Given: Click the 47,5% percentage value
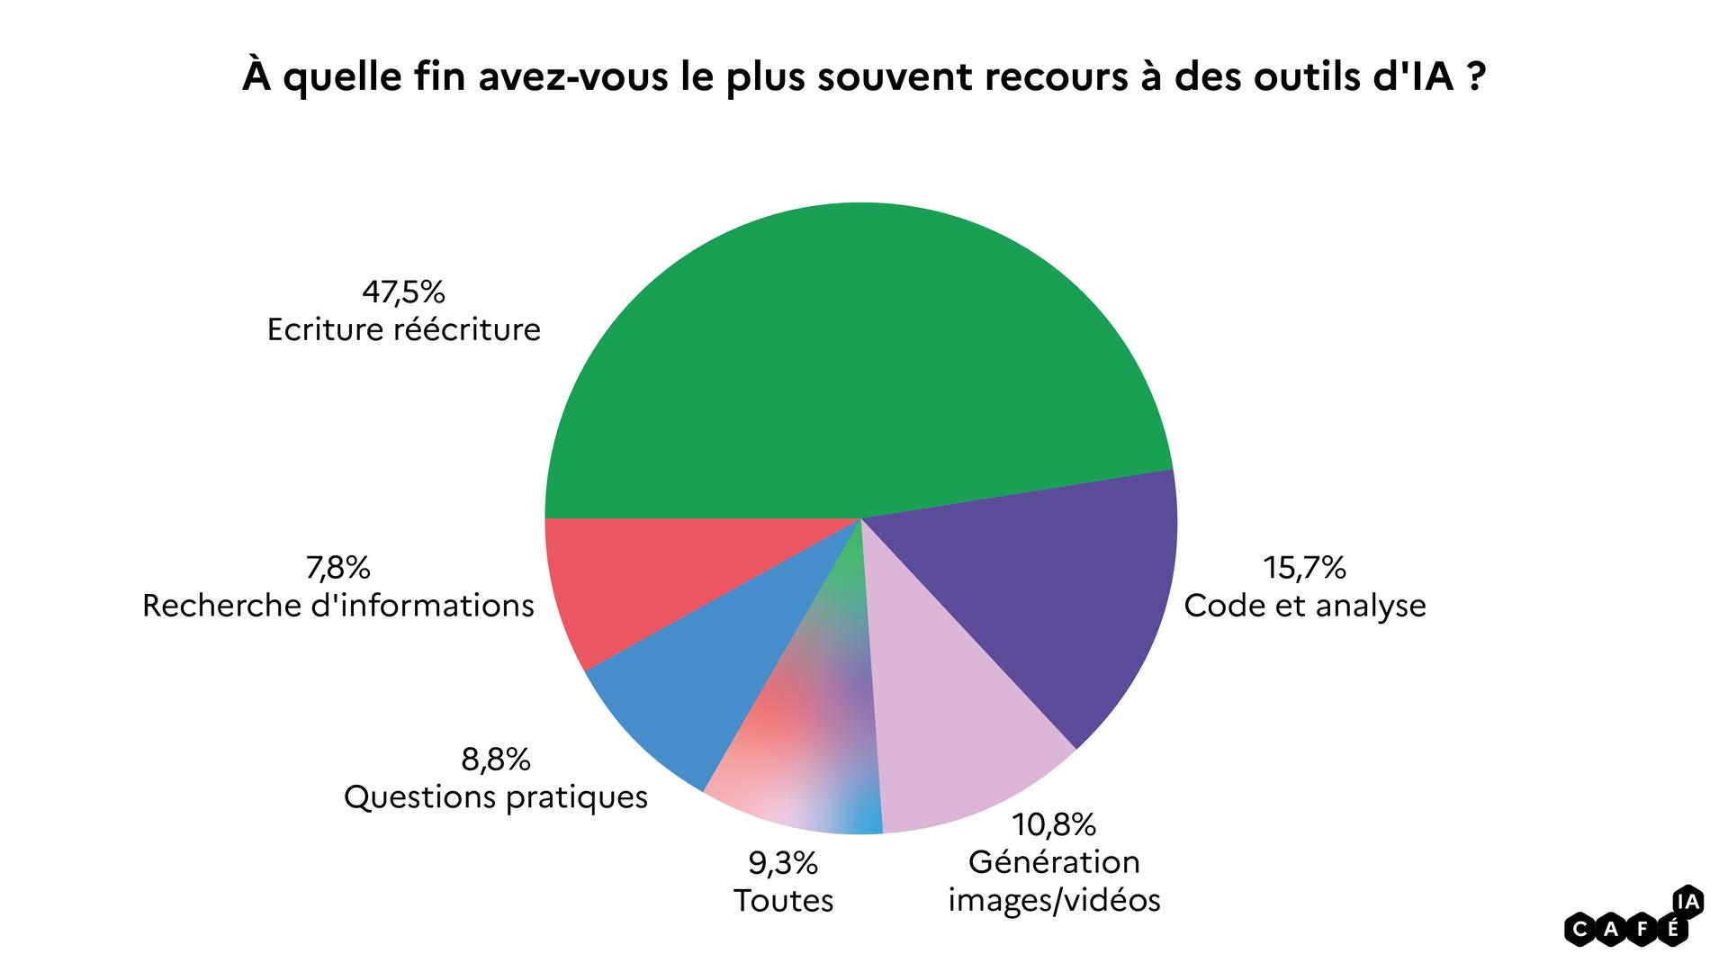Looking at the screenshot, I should [403, 292].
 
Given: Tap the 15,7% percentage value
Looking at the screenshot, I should [1304, 568].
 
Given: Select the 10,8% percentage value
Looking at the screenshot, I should [1054, 824].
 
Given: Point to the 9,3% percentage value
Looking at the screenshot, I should [783, 864].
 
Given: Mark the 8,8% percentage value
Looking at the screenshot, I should [496, 760].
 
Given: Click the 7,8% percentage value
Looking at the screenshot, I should [337, 568].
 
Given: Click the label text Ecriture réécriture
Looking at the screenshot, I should [403, 329].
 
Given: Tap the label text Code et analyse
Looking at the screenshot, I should [1304, 606].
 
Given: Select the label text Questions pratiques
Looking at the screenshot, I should [496, 797].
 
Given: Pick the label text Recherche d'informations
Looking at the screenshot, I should [337, 606].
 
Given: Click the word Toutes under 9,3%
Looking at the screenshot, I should [783, 901].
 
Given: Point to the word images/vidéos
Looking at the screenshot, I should [1054, 900].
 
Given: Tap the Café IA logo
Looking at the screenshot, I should [1634, 918].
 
